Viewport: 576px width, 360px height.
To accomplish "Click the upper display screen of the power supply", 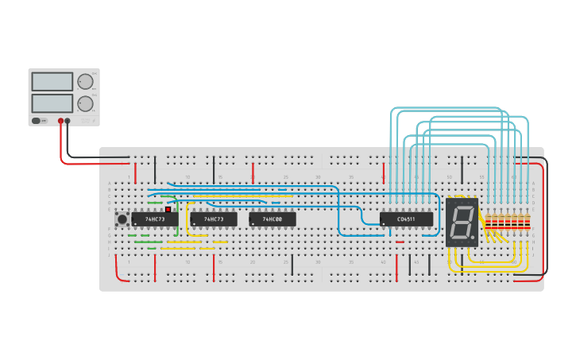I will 52,81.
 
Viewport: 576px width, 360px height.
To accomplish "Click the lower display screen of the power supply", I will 52,103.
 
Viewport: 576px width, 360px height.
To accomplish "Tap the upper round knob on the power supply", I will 84,81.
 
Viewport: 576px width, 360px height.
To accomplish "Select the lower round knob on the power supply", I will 84,103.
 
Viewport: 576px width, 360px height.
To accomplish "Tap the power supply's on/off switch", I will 37,121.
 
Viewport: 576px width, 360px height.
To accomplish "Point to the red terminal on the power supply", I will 60,121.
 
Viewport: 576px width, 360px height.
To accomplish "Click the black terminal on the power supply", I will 68,121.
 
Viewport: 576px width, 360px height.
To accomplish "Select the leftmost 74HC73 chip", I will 154,219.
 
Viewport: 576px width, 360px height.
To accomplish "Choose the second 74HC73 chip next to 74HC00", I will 214,219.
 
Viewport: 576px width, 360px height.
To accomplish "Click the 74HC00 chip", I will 273,219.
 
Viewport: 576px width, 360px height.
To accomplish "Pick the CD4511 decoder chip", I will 406,219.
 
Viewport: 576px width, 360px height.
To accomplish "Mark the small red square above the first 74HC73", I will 168,210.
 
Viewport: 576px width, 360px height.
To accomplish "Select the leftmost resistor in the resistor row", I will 487,222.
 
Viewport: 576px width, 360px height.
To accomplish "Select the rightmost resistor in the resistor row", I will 527,222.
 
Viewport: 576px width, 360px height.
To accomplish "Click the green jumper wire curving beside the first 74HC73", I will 176,215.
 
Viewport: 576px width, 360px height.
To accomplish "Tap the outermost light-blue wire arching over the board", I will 445,108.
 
